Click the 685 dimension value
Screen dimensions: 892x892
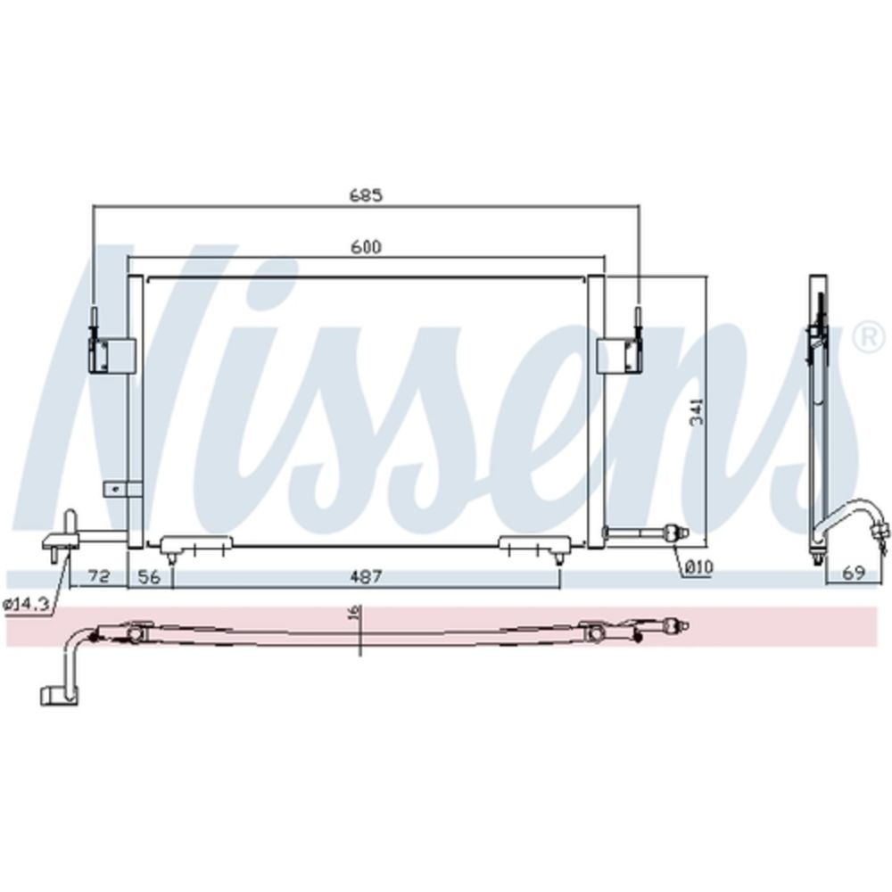366,194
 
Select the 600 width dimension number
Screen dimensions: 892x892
366,247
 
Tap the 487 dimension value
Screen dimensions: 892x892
366,577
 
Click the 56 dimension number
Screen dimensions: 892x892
149,577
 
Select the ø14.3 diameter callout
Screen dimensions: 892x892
24,605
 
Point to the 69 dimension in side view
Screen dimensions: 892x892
854,573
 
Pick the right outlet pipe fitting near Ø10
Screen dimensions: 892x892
648,533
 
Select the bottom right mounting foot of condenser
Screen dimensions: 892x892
533,546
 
